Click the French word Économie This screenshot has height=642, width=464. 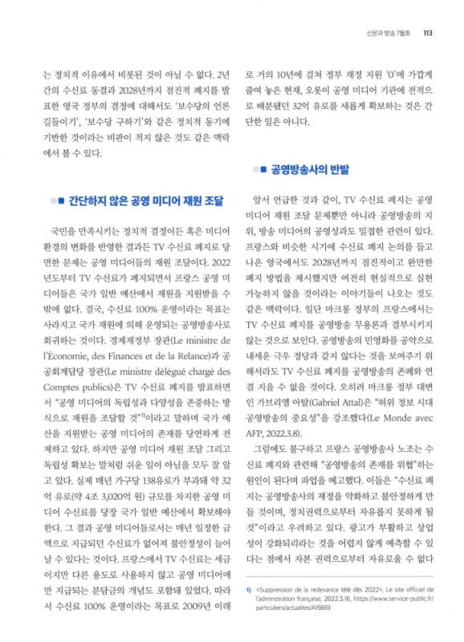coord(74,332)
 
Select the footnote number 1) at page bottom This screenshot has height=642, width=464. coord(249,589)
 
